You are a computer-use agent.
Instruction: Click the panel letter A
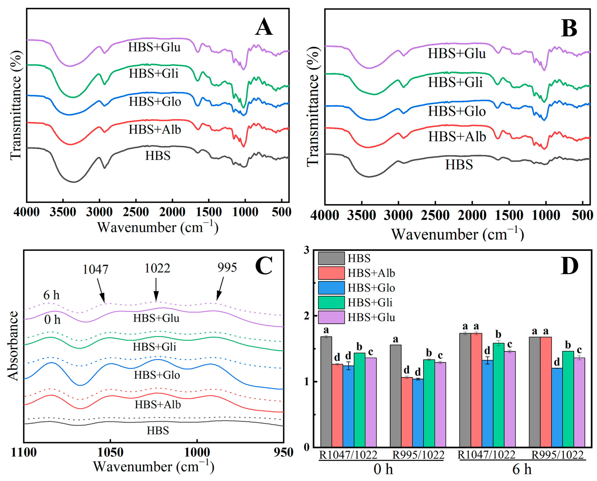264,27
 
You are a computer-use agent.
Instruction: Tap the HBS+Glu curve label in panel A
154,47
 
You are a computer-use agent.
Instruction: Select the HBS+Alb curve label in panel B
457,137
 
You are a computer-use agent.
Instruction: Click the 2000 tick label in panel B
472,215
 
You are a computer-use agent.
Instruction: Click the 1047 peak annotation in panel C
95,269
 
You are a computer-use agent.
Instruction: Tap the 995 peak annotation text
227,268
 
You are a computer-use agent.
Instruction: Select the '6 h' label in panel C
51,295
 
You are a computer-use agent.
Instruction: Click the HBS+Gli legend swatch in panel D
331,302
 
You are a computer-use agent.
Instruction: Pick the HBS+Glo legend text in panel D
371,288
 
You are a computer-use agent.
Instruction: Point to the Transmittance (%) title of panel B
313,107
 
